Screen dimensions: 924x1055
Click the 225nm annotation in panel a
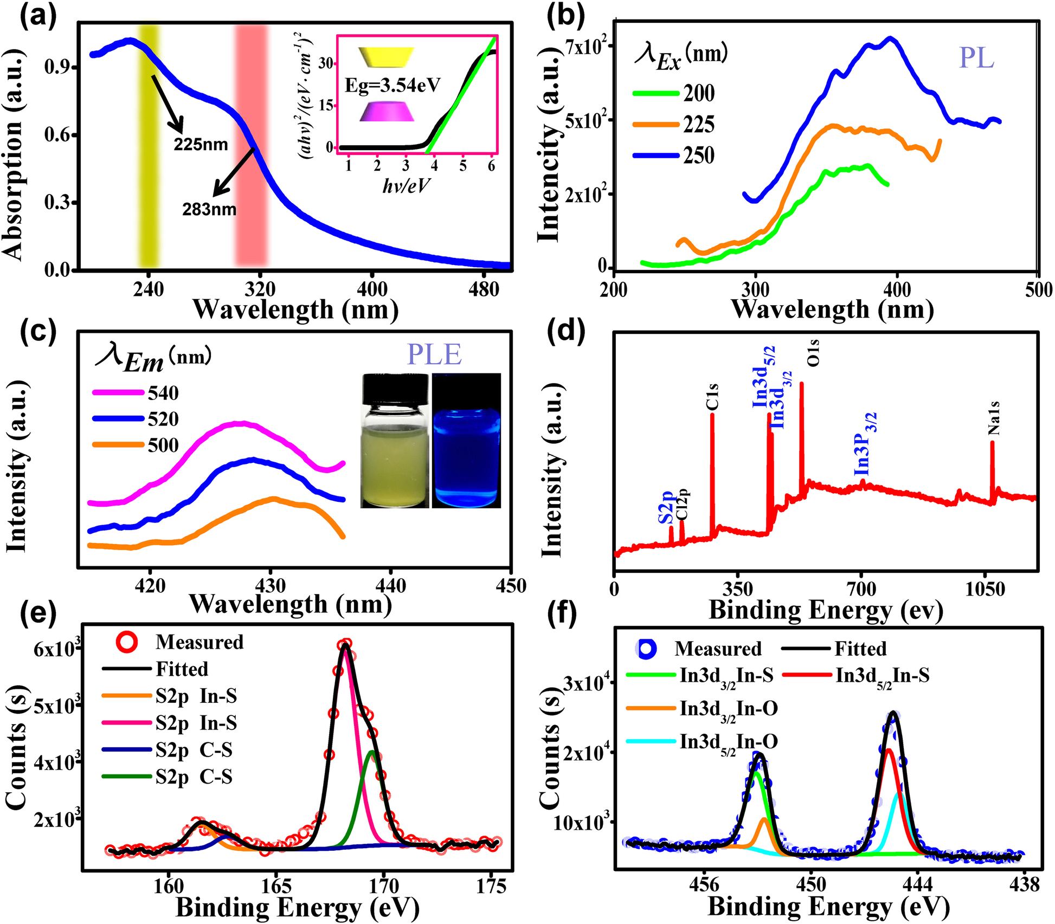(x=201, y=145)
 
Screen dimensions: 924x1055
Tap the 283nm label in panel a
(x=209, y=209)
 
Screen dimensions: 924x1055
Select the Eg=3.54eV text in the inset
(x=393, y=85)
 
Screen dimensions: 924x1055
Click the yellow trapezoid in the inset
(x=386, y=56)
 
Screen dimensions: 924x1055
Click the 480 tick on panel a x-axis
(x=484, y=289)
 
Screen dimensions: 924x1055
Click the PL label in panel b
(x=976, y=58)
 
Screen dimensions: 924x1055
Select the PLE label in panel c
(x=434, y=355)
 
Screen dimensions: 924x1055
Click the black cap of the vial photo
(x=395, y=389)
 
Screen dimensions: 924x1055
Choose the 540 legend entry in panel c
(x=163, y=393)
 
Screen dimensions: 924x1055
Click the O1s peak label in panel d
(x=813, y=353)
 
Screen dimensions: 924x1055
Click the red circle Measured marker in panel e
(x=127, y=642)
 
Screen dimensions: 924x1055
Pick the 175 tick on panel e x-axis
(x=491, y=886)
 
